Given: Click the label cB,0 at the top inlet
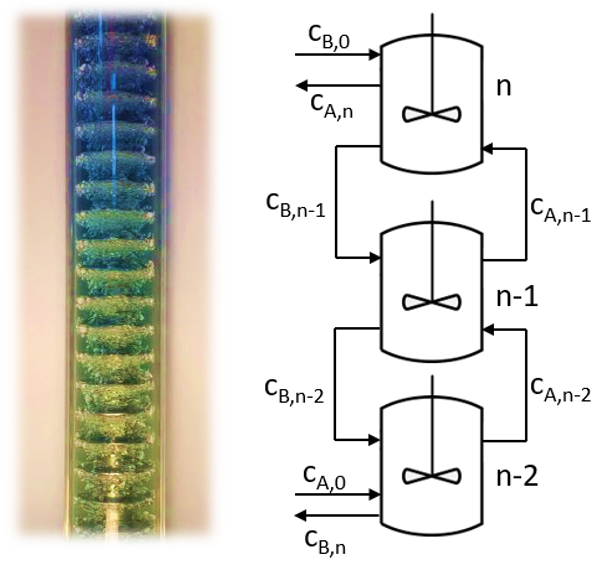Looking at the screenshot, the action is pos(329,38).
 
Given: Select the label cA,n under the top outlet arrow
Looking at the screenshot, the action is pos(332,106).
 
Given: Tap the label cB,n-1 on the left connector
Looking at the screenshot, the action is pos(295,206).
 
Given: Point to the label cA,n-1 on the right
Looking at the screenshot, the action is pos(561,211).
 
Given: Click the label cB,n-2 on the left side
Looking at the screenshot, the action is pos(294,391).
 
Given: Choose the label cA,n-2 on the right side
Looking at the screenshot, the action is pos(561,390).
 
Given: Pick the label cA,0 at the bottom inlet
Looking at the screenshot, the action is pos(325,478).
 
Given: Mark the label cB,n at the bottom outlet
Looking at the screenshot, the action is pos(325,543).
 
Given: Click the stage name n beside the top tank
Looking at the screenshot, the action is pos(504,87).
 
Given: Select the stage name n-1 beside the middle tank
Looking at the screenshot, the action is pos(517,297).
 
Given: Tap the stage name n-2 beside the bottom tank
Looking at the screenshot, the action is pos(517,476).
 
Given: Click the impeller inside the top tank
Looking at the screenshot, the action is pos(432,114).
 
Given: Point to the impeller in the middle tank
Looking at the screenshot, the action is pos(432,302).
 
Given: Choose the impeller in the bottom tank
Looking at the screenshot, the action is pos(432,476).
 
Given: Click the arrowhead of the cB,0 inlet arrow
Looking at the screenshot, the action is pos(374,55).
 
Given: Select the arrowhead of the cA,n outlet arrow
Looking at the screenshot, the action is pos(302,85).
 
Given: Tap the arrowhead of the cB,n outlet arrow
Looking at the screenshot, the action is pos(301,515).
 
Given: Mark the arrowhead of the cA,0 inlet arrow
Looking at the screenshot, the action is pos(374,494).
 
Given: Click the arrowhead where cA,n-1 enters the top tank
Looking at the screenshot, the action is pos(488,149).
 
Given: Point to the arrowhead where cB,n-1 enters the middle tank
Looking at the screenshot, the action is pos(374,257).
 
